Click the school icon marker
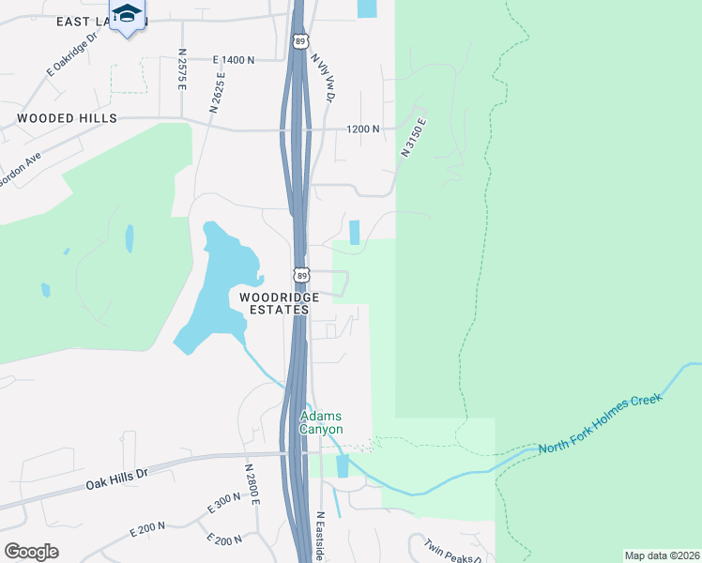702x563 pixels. tap(127, 16)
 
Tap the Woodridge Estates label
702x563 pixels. tap(274, 303)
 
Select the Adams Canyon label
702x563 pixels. tap(321, 422)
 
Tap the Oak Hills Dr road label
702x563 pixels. tap(116, 479)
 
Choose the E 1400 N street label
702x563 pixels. tap(234, 60)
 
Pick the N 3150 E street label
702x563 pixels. tap(413, 136)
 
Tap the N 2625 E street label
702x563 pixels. tap(219, 92)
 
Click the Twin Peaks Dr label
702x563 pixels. tap(452, 551)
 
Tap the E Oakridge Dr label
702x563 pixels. tap(72, 56)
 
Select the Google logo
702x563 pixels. tap(31, 552)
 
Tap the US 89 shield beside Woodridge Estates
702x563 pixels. tap(300, 275)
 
